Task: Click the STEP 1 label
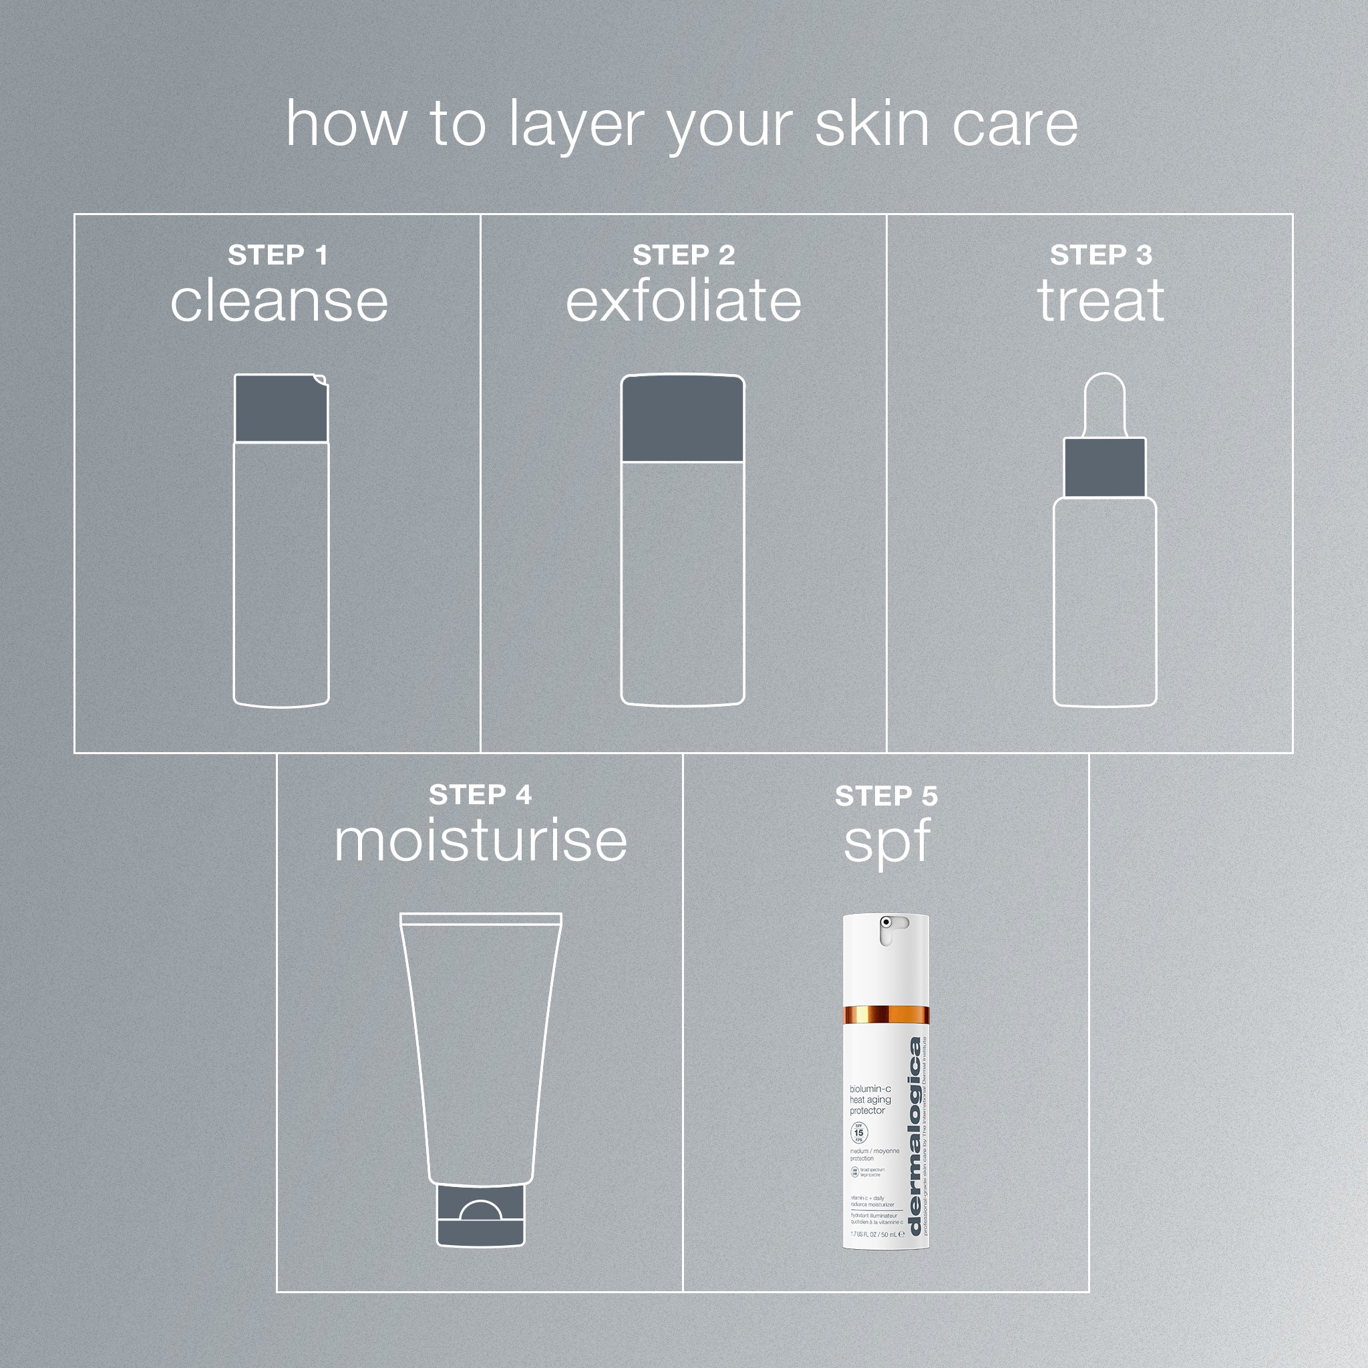tap(278, 255)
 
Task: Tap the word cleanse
tap(279, 302)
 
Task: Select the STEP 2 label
tap(683, 255)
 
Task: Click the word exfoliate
tap(683, 301)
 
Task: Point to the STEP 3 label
tap(1100, 255)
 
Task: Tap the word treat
tap(1100, 301)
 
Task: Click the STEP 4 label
tap(480, 794)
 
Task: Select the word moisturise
tap(480, 841)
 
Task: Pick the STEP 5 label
tap(886, 796)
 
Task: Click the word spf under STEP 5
tap(886, 842)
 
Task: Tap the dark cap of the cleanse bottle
tap(281, 409)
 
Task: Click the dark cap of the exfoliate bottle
tap(682, 419)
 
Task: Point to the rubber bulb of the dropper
tap(1105, 403)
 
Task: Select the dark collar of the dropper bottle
tap(1105, 468)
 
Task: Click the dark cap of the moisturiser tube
tap(480, 1216)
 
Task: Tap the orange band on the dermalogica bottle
tap(886, 1015)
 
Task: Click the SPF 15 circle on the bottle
tap(858, 1133)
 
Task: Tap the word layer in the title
tap(574, 125)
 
